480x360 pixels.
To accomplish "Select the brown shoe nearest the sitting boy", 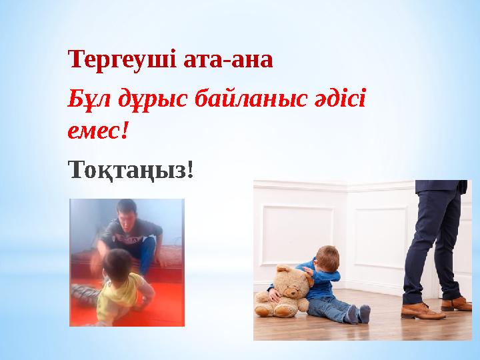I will (423, 310).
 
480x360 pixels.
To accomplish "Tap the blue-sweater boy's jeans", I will (329, 307).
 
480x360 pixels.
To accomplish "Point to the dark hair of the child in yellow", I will (118, 262).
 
